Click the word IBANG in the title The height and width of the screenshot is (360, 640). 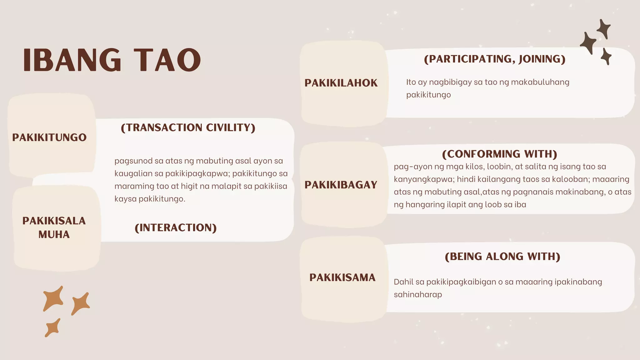click(x=72, y=60)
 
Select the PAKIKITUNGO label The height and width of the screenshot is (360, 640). click(x=49, y=137)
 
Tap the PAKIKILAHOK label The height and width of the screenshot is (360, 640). click(x=341, y=83)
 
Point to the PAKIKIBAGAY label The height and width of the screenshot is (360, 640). click(x=341, y=185)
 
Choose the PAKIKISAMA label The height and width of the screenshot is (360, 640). click(x=342, y=277)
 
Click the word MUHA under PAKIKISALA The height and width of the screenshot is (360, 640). click(x=54, y=234)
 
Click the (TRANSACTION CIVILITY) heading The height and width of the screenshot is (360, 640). click(x=188, y=127)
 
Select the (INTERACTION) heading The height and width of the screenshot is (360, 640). click(x=176, y=227)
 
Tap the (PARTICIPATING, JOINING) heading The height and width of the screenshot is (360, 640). click(x=495, y=59)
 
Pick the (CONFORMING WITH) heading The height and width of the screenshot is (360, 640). click(x=500, y=154)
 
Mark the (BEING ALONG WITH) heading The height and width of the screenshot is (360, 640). click(x=502, y=256)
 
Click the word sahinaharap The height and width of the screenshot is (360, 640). click(x=418, y=294)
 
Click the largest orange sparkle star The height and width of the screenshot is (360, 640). click(x=53, y=298)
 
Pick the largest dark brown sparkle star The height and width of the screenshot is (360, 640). click(x=588, y=43)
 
